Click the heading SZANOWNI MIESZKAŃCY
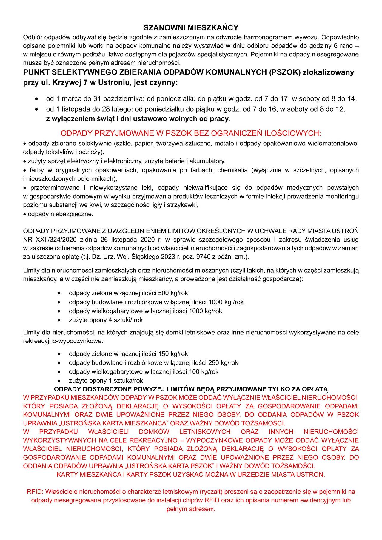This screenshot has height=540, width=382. [x=191, y=28]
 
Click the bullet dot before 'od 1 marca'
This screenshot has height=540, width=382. [x=36, y=99]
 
